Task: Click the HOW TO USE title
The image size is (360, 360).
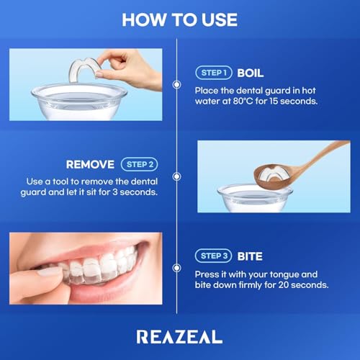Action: click(x=179, y=19)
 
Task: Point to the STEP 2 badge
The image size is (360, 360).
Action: click(x=139, y=164)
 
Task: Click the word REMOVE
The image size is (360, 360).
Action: click(x=90, y=164)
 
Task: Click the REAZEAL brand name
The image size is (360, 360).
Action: click(x=179, y=336)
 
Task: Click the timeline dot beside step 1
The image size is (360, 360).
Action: click(x=176, y=84)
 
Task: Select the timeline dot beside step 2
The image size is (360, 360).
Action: click(x=176, y=176)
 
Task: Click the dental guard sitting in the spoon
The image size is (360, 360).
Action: click(x=273, y=173)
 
